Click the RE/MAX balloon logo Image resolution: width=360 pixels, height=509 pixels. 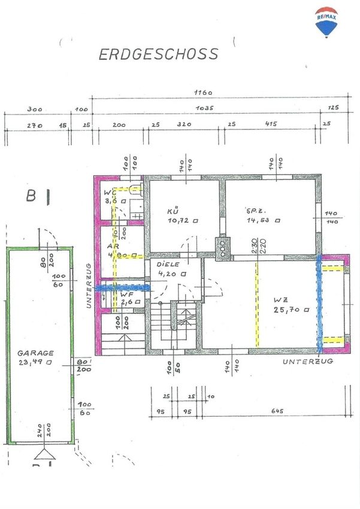pyautogui.click(x=325, y=23)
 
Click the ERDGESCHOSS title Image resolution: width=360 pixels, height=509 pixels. pyautogui.click(x=158, y=54)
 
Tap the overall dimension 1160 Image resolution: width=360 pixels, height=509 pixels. pyautogui.click(x=204, y=93)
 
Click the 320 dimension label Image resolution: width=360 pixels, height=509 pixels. pyautogui.click(x=183, y=124)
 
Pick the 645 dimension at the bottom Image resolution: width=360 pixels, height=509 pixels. pyautogui.click(x=276, y=411)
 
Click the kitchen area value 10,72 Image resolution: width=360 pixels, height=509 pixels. pyautogui.click(x=178, y=220)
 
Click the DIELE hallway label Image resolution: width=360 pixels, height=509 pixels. pyautogui.click(x=168, y=264)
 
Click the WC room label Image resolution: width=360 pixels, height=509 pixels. pyautogui.click(x=109, y=193)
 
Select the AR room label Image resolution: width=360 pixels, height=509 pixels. pyautogui.click(x=111, y=246)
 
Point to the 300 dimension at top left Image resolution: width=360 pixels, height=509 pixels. pyautogui.click(x=35, y=110)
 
